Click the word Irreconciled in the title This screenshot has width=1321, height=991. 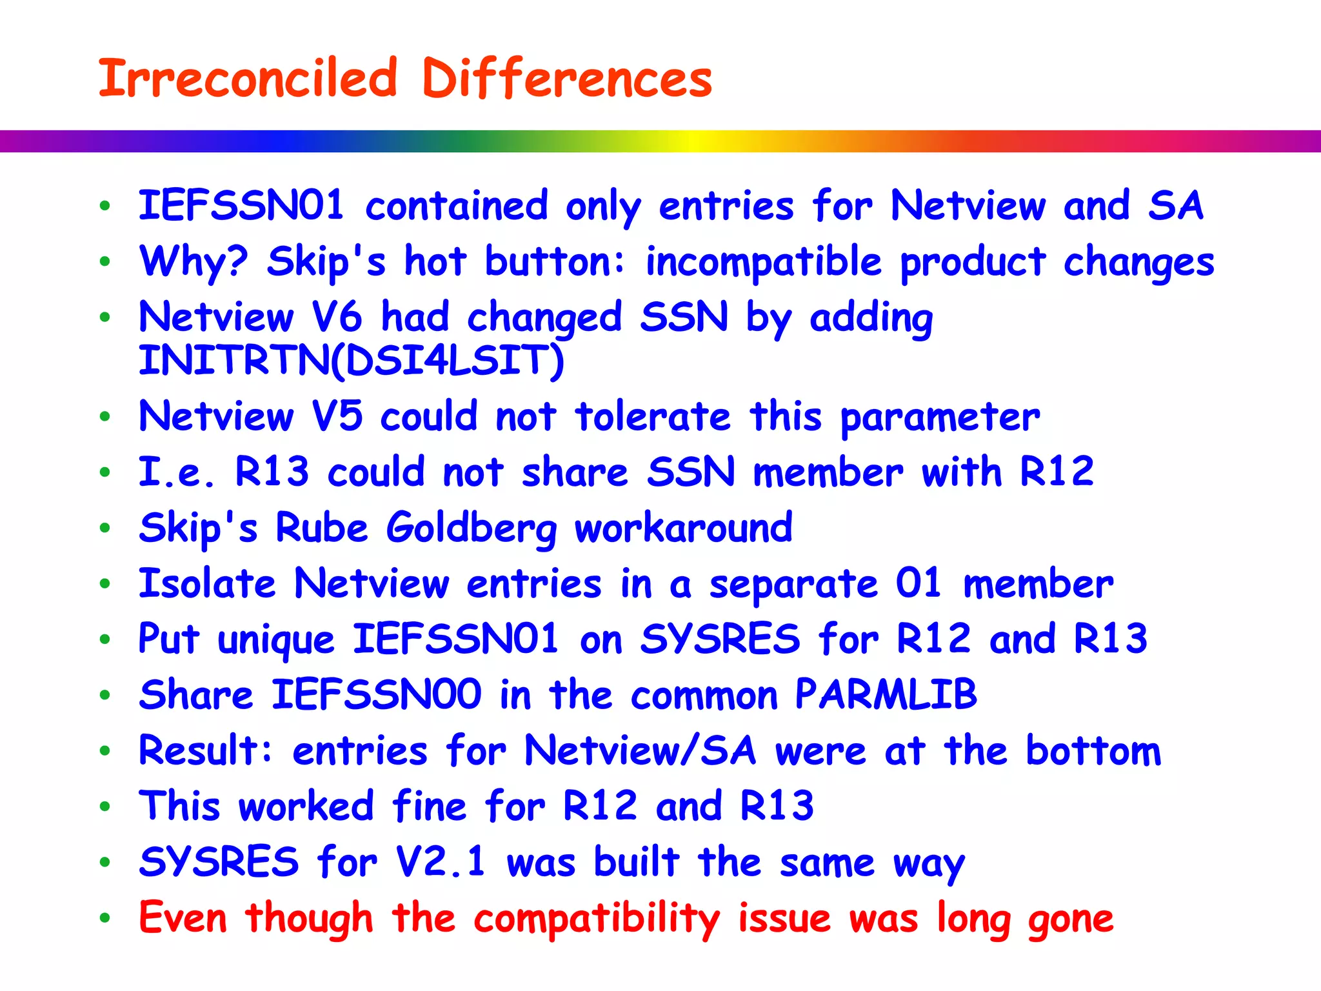tap(248, 79)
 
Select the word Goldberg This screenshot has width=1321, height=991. tap(472, 528)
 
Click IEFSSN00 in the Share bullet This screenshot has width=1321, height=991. tap(376, 695)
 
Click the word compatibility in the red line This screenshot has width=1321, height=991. tap(597, 919)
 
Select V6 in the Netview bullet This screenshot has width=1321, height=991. tap(337, 317)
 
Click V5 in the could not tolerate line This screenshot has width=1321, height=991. tap(337, 416)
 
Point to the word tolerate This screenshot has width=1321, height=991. tap(653, 416)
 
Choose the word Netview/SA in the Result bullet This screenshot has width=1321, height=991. tap(640, 751)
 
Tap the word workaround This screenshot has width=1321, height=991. tap(684, 528)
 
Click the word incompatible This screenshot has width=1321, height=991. tap(764, 262)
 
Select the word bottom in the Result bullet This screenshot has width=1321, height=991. tap(1093, 751)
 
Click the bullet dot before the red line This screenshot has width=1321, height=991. tap(105, 917)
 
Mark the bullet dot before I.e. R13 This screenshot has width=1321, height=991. tap(105, 472)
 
